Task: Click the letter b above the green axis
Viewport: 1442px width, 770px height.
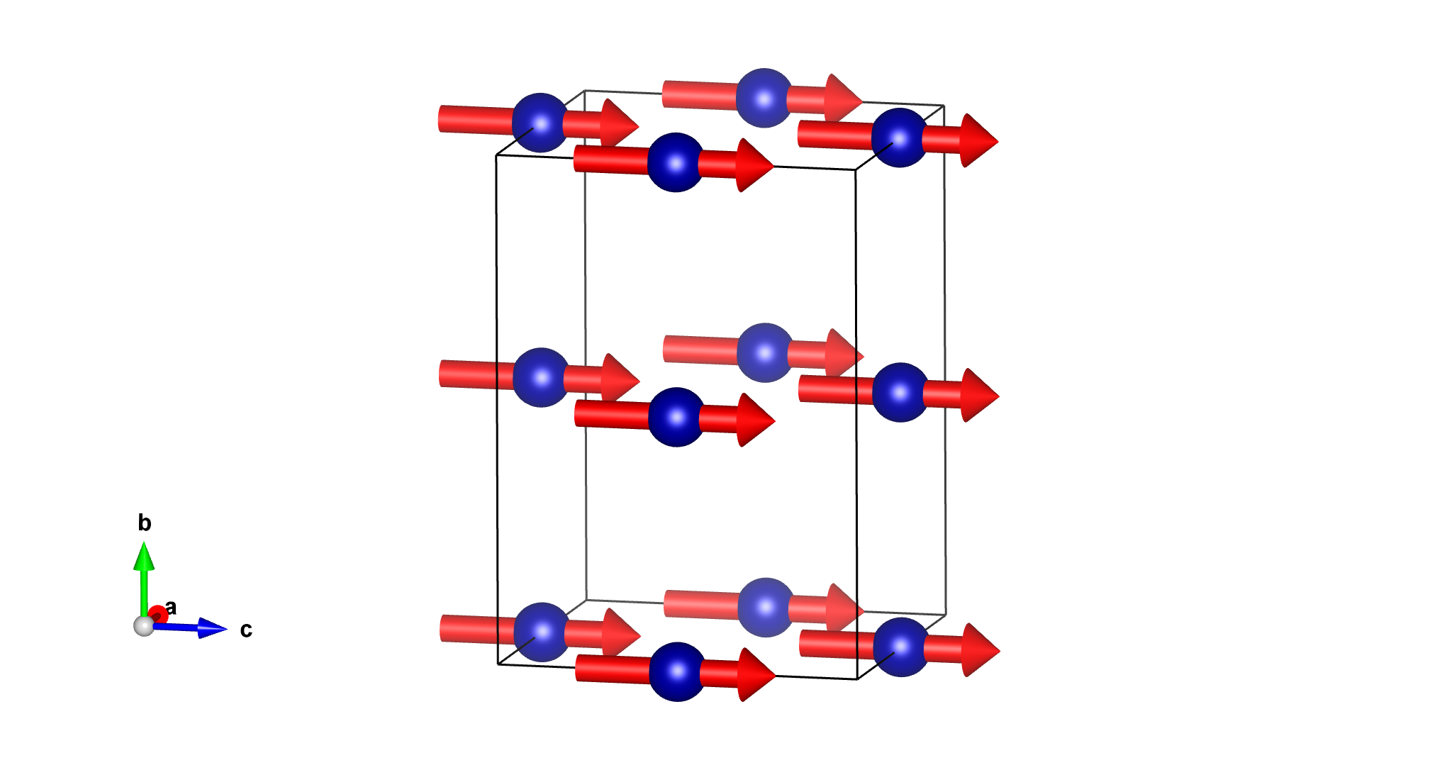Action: tap(145, 523)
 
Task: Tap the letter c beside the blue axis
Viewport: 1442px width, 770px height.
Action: tap(246, 630)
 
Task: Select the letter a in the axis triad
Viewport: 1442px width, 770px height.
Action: tap(171, 608)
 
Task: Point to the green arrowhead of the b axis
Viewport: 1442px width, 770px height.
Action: tap(144, 557)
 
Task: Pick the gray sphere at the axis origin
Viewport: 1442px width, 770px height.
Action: tap(144, 626)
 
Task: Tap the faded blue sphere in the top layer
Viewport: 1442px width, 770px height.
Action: tap(764, 98)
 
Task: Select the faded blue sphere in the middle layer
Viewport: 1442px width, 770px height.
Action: tap(765, 352)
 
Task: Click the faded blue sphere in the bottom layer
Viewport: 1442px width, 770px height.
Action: tap(766, 607)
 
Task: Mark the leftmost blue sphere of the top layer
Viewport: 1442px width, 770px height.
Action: tap(540, 123)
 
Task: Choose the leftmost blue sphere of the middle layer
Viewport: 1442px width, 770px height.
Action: tap(541, 377)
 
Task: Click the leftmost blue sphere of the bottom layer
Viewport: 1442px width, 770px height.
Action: tap(542, 632)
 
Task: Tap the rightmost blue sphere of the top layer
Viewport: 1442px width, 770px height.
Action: tap(899, 138)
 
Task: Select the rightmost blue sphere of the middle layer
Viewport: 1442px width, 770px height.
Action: tap(900, 392)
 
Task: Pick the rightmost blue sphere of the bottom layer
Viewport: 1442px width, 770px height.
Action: tap(901, 647)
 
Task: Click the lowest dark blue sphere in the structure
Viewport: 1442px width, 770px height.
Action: tap(677, 671)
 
